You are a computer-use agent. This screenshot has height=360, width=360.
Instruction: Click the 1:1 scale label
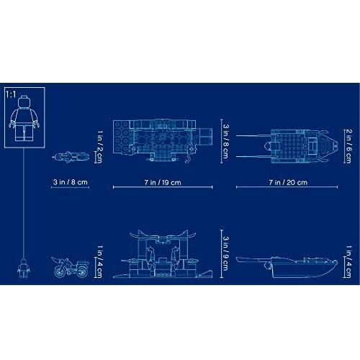[x=11, y=94]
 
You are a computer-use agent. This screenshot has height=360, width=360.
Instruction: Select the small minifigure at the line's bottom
[x=24, y=268]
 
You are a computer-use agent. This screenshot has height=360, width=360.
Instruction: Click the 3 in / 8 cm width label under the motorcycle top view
[x=71, y=182]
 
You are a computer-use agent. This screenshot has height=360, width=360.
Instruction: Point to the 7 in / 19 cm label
[x=163, y=182]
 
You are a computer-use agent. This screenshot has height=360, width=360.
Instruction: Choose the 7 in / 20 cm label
[x=288, y=182]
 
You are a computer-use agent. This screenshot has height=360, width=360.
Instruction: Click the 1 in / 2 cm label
[x=100, y=146]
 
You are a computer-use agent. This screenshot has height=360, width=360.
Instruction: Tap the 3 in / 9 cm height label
[x=225, y=253]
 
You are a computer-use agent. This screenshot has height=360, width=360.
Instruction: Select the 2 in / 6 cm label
[x=348, y=146]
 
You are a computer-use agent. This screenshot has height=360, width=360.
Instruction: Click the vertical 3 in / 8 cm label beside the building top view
[x=225, y=141]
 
